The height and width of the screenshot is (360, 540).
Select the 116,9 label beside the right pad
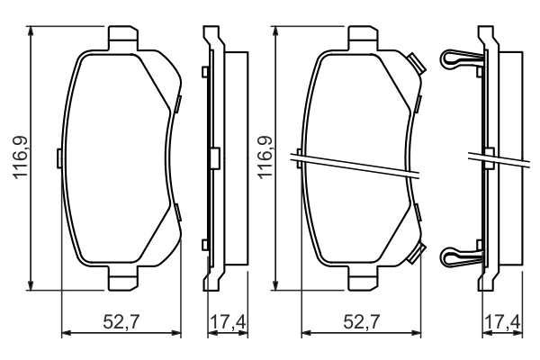(265, 157)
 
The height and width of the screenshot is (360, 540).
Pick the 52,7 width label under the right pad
(362, 321)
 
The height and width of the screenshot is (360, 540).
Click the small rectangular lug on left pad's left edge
(58, 158)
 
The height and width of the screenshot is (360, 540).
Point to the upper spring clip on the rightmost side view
(460, 61)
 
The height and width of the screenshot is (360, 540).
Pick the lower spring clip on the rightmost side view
(460, 256)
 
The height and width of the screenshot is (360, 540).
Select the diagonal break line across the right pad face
(355, 166)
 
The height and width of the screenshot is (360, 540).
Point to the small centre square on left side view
(213, 157)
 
